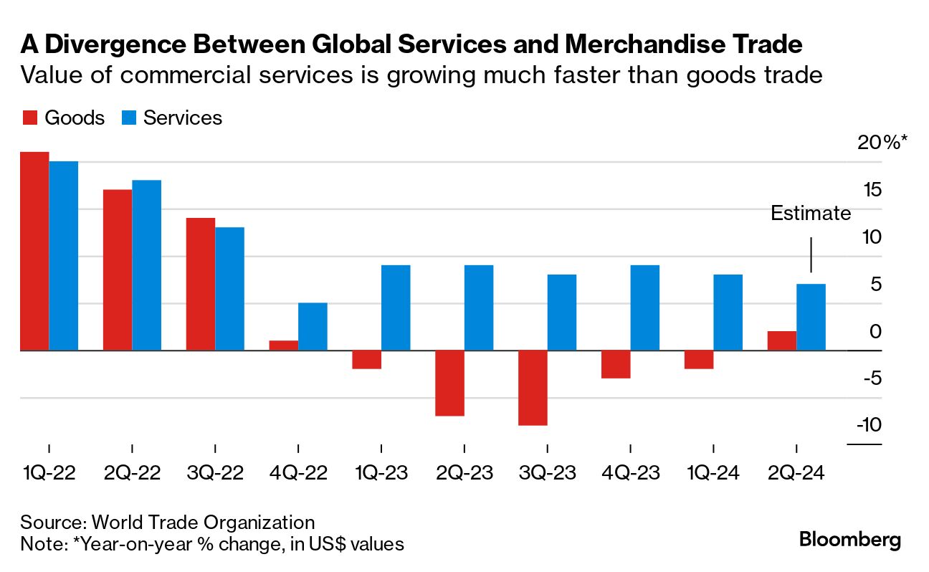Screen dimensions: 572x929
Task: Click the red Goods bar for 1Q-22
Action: click(x=34, y=251)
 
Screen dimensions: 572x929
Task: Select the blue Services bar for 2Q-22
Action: click(x=146, y=265)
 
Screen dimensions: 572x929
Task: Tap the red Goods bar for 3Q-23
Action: click(x=533, y=388)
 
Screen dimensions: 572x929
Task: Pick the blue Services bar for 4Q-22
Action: click(x=313, y=327)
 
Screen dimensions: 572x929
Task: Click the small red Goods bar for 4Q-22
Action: click(x=284, y=345)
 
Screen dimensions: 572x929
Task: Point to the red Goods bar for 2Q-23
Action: click(x=450, y=383)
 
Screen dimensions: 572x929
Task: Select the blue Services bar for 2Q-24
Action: click(x=811, y=318)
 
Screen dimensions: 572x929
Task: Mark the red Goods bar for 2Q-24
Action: click(x=782, y=341)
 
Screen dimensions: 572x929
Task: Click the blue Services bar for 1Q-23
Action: click(x=396, y=308)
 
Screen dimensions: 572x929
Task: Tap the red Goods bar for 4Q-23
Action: click(x=616, y=364)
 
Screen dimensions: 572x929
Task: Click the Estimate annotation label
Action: click(x=811, y=214)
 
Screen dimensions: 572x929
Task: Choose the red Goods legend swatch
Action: click(x=29, y=118)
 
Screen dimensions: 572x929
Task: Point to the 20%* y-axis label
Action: click(x=882, y=143)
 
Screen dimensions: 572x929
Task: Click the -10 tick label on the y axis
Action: click(x=868, y=425)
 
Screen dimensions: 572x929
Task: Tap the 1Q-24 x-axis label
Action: click(x=713, y=474)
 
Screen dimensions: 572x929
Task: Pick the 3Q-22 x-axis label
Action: click(x=214, y=474)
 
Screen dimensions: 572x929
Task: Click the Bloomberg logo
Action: click(x=850, y=540)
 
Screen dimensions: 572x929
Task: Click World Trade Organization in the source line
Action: click(x=203, y=522)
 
